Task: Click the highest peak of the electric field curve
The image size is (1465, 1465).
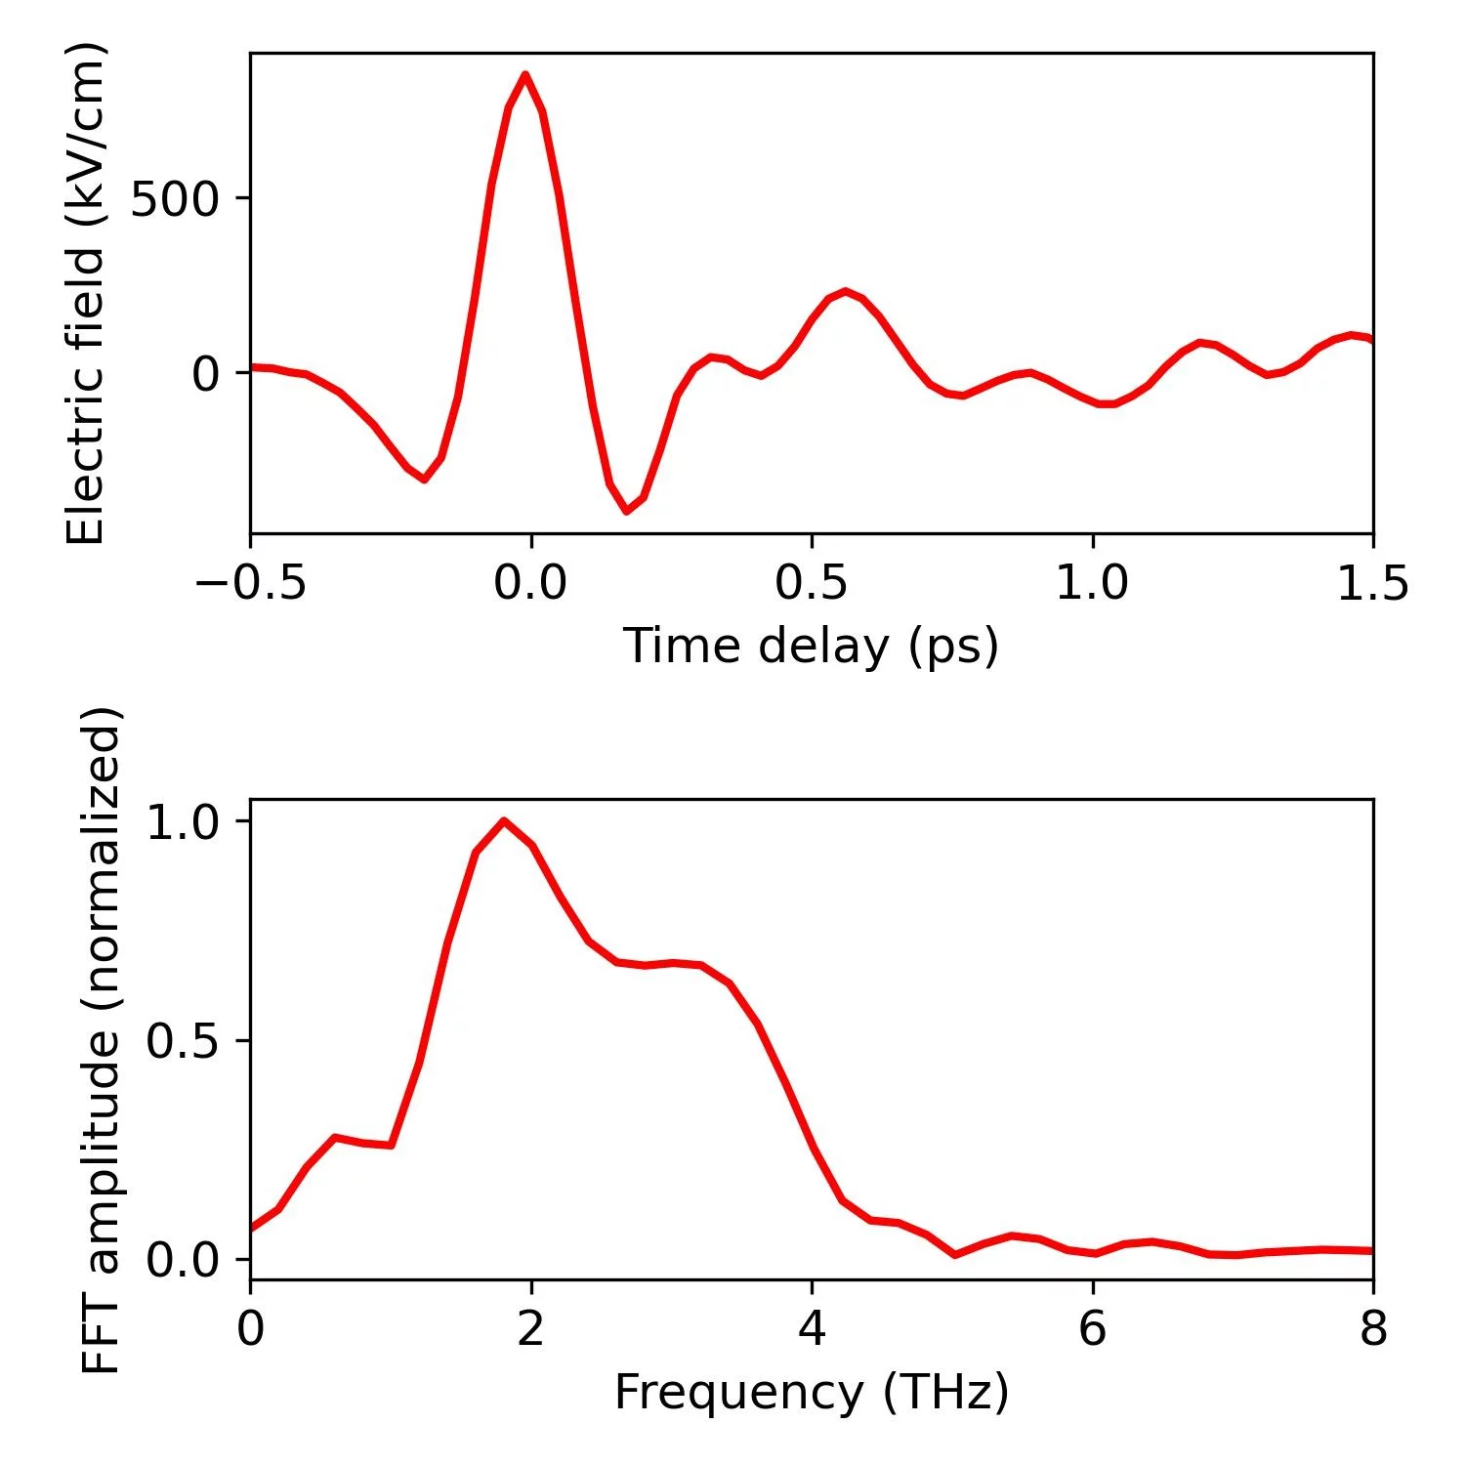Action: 525,74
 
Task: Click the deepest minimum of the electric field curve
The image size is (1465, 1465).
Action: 626,511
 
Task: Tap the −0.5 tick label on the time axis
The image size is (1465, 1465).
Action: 251,584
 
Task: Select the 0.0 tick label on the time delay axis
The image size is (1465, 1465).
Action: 530,584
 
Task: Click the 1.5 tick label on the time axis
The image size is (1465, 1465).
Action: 1372,584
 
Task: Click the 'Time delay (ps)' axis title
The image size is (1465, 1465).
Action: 811,647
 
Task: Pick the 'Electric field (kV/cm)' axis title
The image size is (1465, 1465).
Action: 86,293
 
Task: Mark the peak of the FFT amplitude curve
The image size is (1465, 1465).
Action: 504,820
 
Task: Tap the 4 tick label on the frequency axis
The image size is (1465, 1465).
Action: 812,1330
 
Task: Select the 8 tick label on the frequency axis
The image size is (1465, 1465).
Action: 1372,1330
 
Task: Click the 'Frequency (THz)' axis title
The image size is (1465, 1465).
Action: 811,1393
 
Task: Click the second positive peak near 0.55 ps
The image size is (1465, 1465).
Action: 845,291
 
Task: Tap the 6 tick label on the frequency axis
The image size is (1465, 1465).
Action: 1092,1330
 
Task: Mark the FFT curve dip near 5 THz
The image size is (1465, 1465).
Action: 954,1254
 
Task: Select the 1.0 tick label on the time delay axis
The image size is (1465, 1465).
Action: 1092,584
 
